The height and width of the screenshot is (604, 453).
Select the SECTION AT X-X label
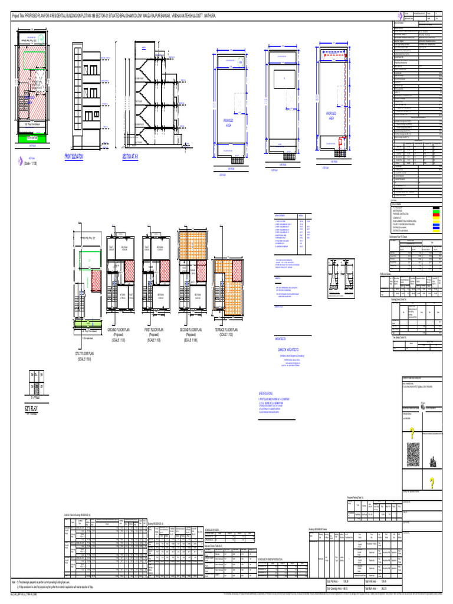tap(134, 157)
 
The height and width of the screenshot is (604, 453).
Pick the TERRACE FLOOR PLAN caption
tap(226, 332)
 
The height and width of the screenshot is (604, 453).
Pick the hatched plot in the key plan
tap(36, 388)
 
